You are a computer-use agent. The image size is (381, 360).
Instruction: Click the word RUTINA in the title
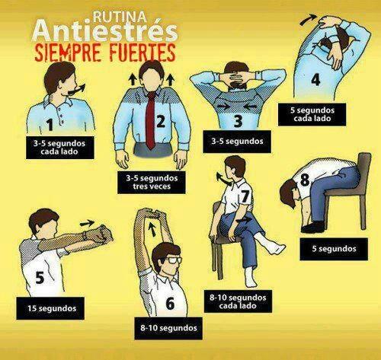(x=120, y=17)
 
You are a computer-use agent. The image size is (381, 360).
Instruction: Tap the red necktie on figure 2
(x=151, y=120)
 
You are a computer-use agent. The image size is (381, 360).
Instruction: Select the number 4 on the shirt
(x=315, y=80)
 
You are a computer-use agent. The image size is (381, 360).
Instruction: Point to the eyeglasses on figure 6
(x=174, y=260)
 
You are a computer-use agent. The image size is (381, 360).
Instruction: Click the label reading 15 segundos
(x=50, y=308)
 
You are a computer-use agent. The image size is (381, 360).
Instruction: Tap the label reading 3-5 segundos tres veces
(x=152, y=183)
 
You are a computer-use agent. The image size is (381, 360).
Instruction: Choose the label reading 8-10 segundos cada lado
(x=238, y=301)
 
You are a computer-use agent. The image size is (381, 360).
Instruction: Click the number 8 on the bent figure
(x=305, y=180)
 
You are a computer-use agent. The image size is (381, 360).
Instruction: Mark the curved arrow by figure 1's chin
(x=78, y=90)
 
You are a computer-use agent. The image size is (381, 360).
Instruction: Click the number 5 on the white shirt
(x=40, y=278)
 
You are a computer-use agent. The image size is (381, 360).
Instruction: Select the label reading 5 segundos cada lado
(x=312, y=114)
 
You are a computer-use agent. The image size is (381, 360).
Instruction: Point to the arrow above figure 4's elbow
(x=308, y=20)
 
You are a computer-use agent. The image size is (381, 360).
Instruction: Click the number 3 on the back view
(x=238, y=121)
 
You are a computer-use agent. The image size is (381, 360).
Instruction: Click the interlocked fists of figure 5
(x=101, y=234)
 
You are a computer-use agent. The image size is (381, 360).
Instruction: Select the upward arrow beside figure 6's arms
(x=152, y=229)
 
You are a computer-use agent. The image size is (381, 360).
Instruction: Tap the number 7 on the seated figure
(x=245, y=196)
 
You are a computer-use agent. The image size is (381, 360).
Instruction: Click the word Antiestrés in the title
(x=105, y=31)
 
